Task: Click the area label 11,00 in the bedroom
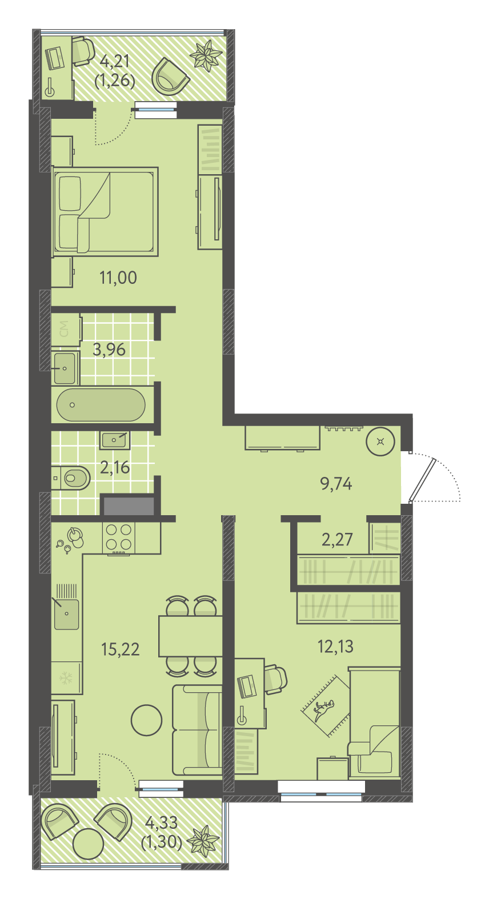(118, 278)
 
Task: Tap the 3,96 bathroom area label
(109, 350)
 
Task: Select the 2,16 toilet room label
(115, 467)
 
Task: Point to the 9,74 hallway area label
(336, 484)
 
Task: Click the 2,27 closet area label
(337, 539)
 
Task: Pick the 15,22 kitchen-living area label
(121, 649)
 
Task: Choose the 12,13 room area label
(336, 646)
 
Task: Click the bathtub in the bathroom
(101, 404)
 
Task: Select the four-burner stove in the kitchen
(119, 537)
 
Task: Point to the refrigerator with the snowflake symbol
(66, 678)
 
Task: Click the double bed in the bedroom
(105, 211)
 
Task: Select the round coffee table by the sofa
(147, 720)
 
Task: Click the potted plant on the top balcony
(206, 55)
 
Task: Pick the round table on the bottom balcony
(89, 843)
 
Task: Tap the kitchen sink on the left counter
(67, 615)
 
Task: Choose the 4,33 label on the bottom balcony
(162, 822)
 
